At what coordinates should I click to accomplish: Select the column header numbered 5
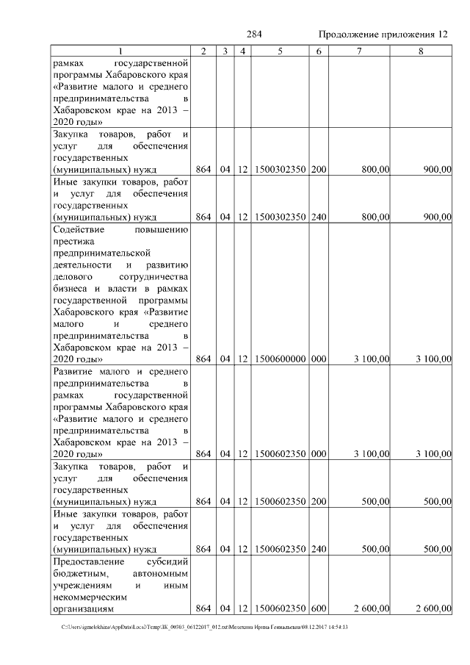281,51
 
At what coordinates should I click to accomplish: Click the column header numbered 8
421,51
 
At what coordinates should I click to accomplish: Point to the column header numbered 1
122,51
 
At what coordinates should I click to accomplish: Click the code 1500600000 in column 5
281,359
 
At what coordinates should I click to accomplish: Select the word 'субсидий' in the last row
167,561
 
